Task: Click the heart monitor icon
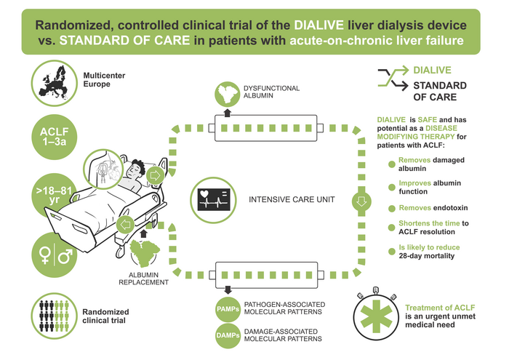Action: point(213,198)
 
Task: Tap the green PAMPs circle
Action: point(225,308)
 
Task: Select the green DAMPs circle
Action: point(225,335)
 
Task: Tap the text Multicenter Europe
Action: point(101,78)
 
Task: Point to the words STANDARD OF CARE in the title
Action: point(131,41)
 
